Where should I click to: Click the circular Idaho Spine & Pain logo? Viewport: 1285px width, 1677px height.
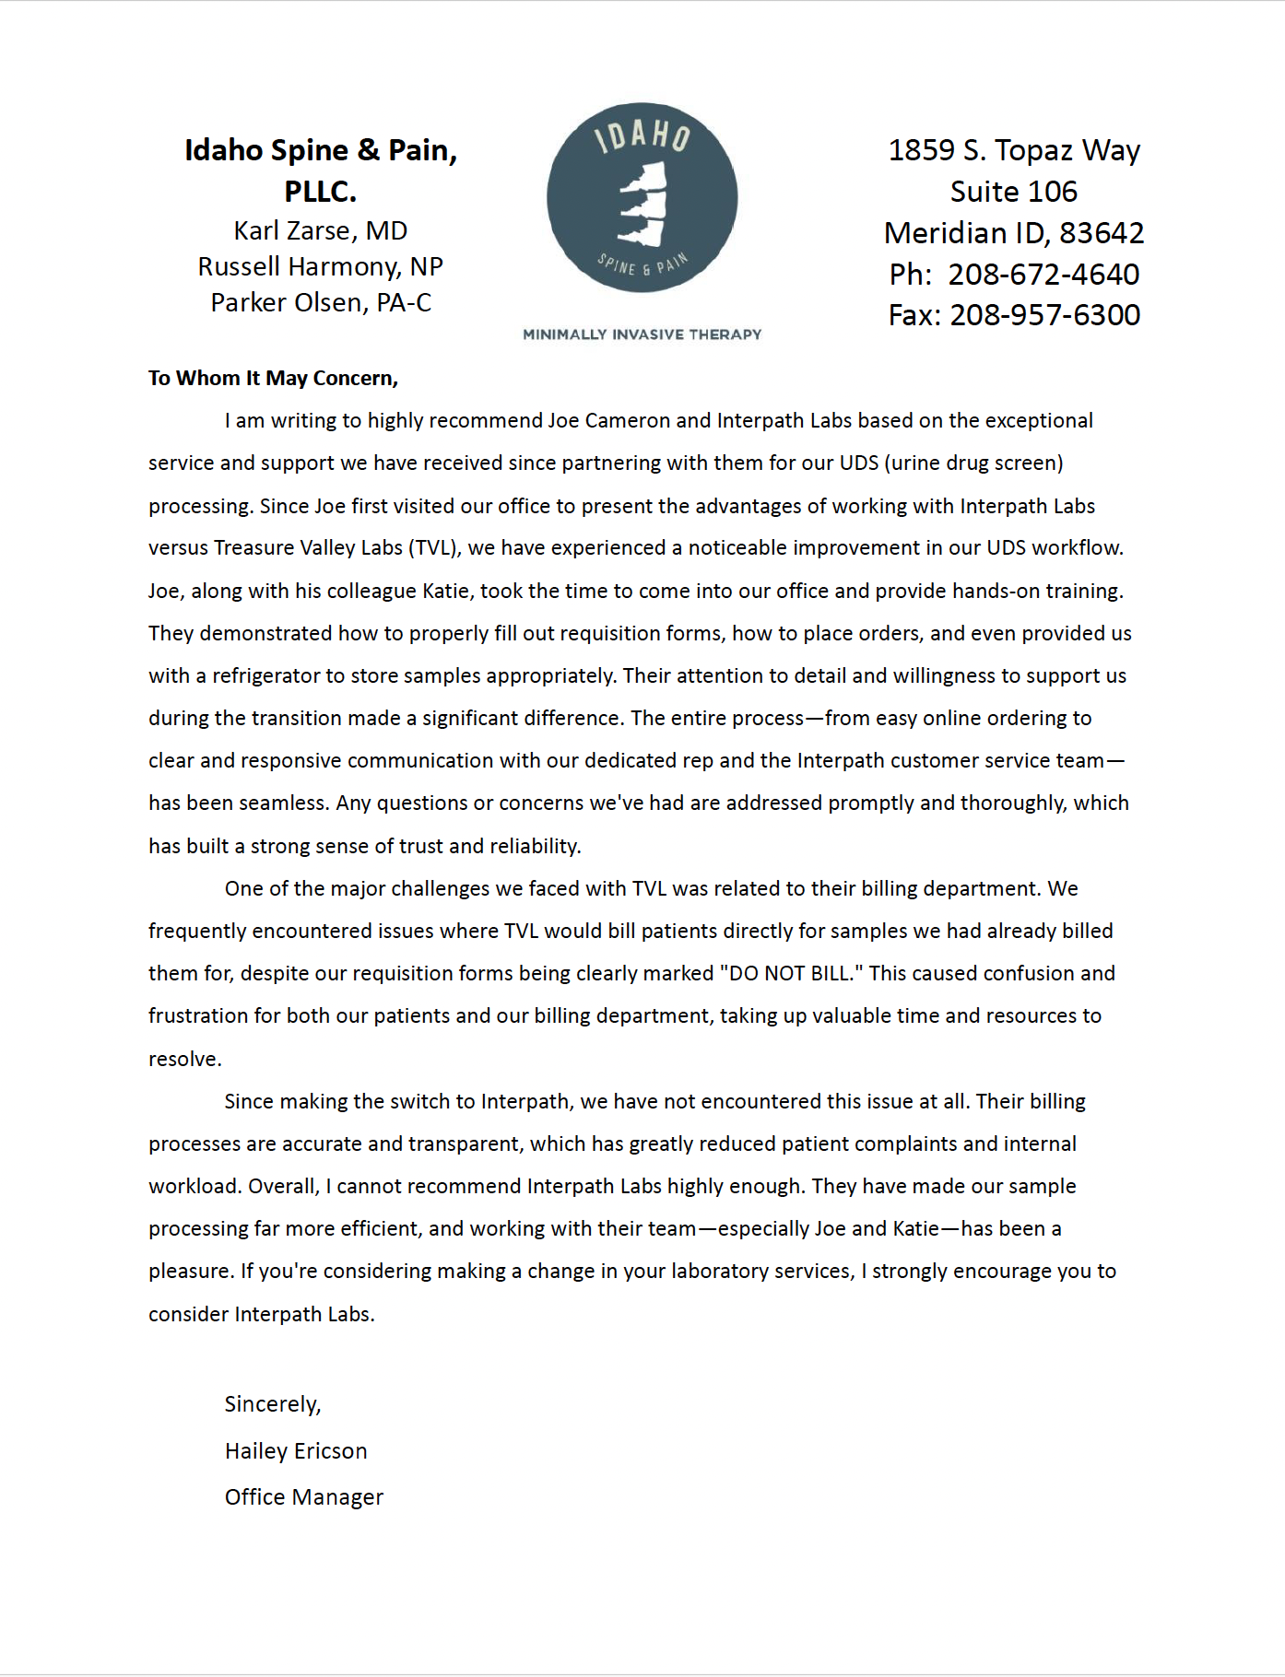[x=642, y=197]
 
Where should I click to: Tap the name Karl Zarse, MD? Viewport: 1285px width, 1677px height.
[x=320, y=230]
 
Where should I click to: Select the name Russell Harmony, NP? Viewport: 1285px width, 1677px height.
[x=320, y=266]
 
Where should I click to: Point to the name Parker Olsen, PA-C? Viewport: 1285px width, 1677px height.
[x=320, y=302]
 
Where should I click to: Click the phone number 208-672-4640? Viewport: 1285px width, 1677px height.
[x=1043, y=274]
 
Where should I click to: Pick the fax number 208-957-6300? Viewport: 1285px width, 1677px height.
[x=1044, y=315]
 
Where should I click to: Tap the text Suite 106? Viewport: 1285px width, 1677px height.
[x=1013, y=192]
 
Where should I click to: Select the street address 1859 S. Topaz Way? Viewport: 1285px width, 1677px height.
[x=1014, y=150]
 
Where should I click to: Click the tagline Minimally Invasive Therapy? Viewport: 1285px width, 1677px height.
[x=642, y=334]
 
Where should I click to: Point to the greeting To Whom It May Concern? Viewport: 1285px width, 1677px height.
[x=273, y=378]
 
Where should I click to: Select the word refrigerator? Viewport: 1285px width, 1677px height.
[x=270, y=675]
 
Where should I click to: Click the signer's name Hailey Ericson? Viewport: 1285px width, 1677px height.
[x=296, y=1451]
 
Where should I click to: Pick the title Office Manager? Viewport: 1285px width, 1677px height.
[x=303, y=1497]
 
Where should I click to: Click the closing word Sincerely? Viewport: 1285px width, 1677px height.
[x=272, y=1404]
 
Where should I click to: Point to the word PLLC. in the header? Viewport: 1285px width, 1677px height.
[x=320, y=192]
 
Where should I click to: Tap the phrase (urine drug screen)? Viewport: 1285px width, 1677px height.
[x=973, y=463]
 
